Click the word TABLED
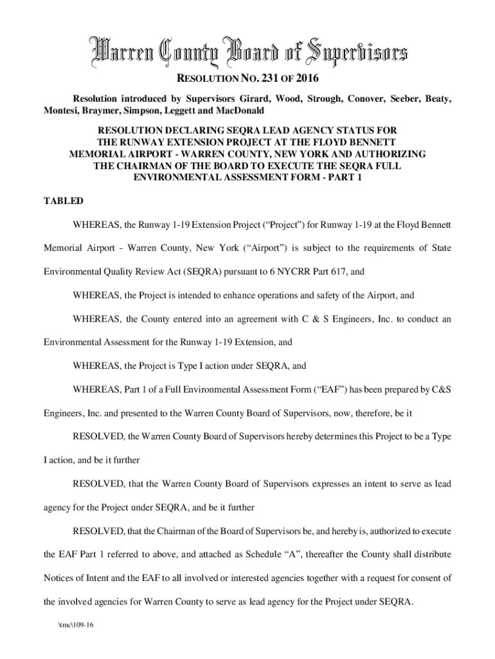63,201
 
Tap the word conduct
416,319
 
